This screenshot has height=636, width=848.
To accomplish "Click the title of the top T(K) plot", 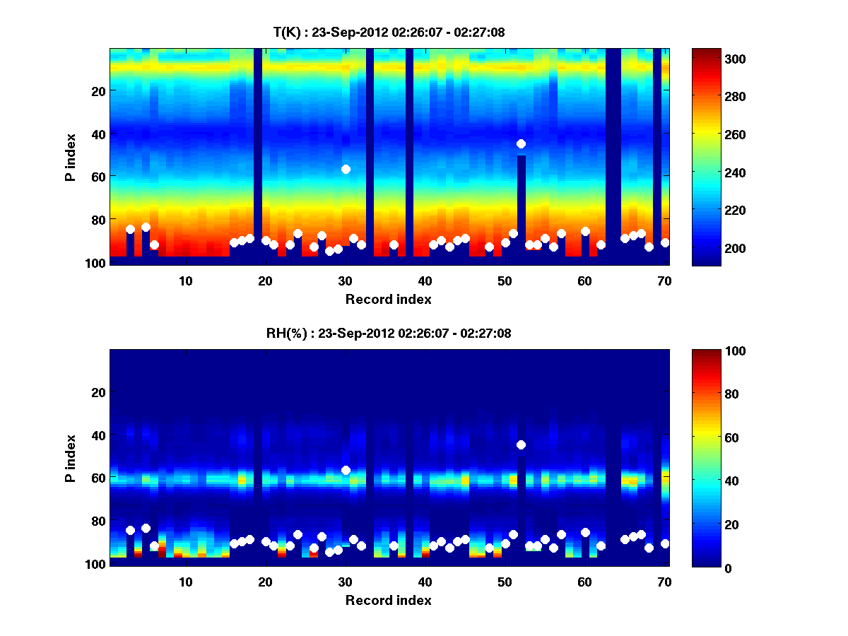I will tap(389, 32).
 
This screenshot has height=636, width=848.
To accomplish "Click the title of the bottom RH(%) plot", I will tap(389, 333).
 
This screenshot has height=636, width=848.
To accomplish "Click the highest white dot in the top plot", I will tap(521, 143).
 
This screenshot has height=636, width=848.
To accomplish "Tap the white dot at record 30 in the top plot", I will tap(346, 169).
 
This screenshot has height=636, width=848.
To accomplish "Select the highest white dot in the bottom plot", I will tap(521, 444).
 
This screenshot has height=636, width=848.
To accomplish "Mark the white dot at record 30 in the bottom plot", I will tap(346, 470).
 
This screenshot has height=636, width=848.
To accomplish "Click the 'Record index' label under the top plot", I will tap(388, 300).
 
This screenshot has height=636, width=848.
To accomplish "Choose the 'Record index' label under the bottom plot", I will tap(388, 601).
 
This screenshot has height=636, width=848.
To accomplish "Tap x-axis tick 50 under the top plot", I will tap(505, 281).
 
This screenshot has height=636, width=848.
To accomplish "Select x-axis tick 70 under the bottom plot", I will tap(664, 582).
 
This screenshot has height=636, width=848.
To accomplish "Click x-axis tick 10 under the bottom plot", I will tap(185, 582).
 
